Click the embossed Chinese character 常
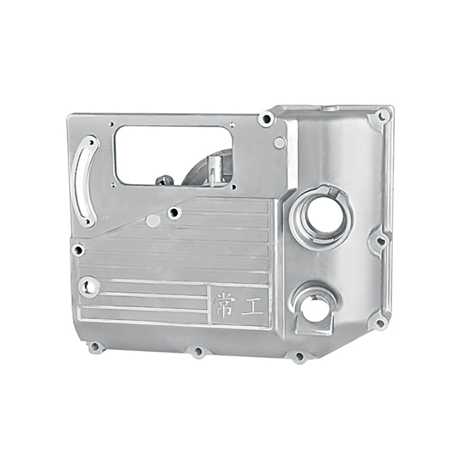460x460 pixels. (x=223, y=306)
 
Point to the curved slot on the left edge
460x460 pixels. (x=85, y=181)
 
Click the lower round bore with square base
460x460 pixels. (x=315, y=309)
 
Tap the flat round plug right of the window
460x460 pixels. (x=279, y=143)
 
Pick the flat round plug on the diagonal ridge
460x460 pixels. (x=152, y=221)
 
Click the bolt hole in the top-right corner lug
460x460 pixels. (x=382, y=116)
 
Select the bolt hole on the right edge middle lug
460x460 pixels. (x=380, y=241)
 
